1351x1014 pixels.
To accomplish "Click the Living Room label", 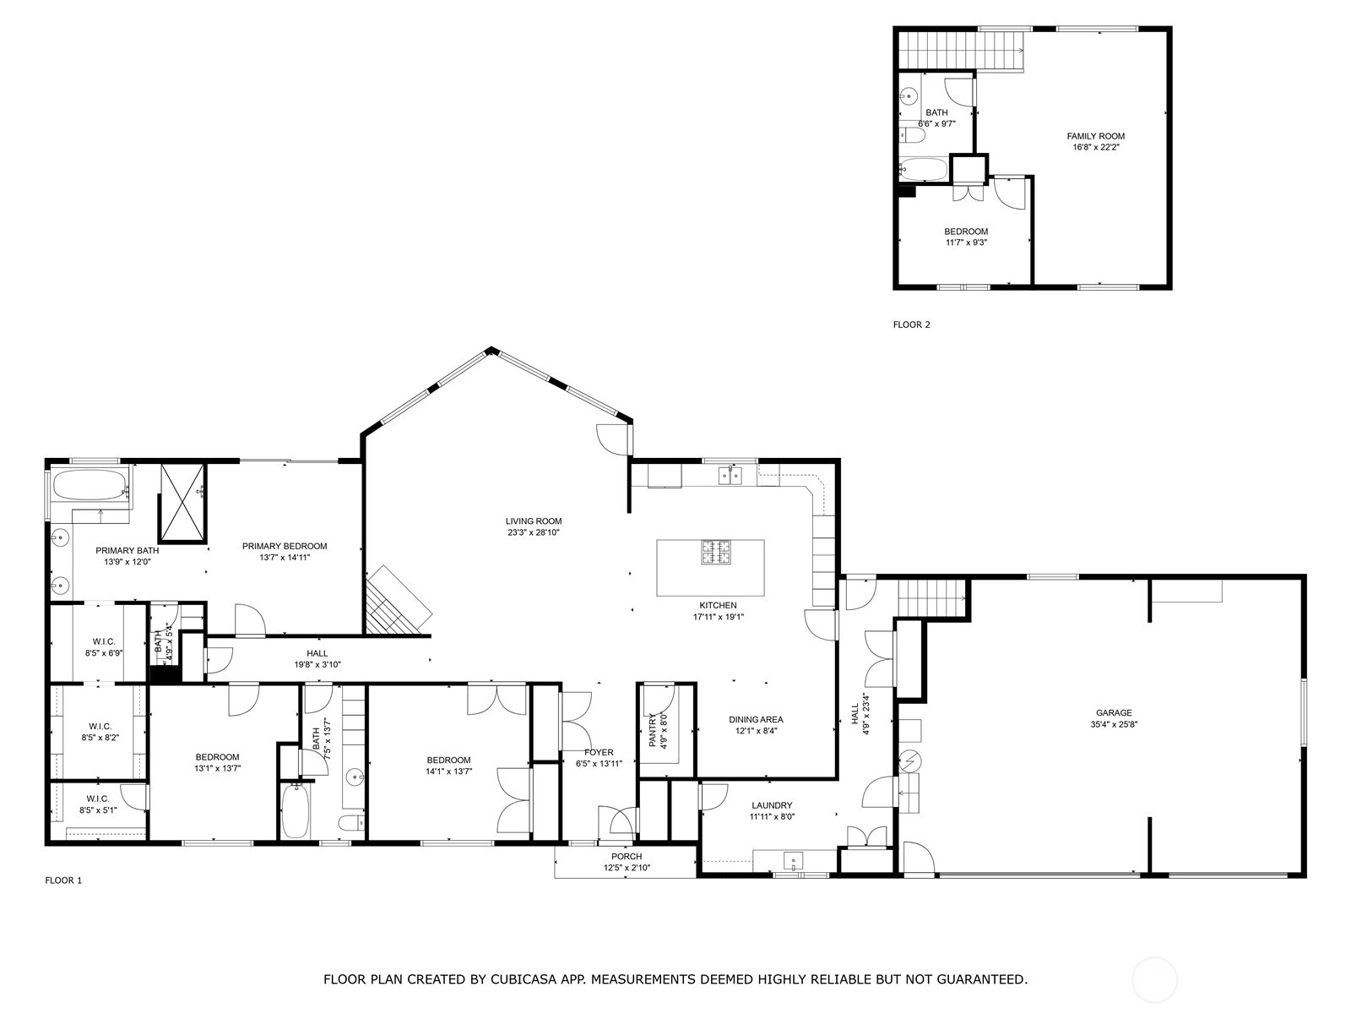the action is pyautogui.click(x=534, y=521).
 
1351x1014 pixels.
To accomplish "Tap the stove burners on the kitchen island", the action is pyautogui.click(x=716, y=553).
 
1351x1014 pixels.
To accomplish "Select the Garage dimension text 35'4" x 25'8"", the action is pyautogui.click(x=1114, y=725).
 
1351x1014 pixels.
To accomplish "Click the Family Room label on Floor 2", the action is pyautogui.click(x=1095, y=136).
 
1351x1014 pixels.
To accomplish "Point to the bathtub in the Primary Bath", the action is pyautogui.click(x=90, y=486).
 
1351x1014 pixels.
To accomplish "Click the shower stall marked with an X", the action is pyautogui.click(x=182, y=504).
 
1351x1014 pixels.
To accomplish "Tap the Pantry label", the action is pyautogui.click(x=653, y=730).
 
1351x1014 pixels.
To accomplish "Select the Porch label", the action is pyautogui.click(x=627, y=856).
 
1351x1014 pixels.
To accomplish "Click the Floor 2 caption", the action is pyautogui.click(x=912, y=324).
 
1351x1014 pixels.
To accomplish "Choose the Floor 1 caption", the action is pyautogui.click(x=63, y=880).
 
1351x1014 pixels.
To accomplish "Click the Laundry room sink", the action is pyautogui.click(x=794, y=860).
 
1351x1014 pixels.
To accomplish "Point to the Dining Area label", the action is pyautogui.click(x=756, y=720).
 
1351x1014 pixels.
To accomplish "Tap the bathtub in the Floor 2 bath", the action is pyautogui.click(x=923, y=169).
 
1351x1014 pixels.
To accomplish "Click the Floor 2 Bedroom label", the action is pyautogui.click(x=966, y=232).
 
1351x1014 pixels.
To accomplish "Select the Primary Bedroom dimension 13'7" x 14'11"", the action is pyautogui.click(x=285, y=558).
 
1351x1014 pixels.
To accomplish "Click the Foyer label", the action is pyautogui.click(x=599, y=752).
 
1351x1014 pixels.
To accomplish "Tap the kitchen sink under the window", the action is pyautogui.click(x=730, y=476).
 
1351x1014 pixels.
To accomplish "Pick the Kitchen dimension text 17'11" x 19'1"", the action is pyautogui.click(x=719, y=617).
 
